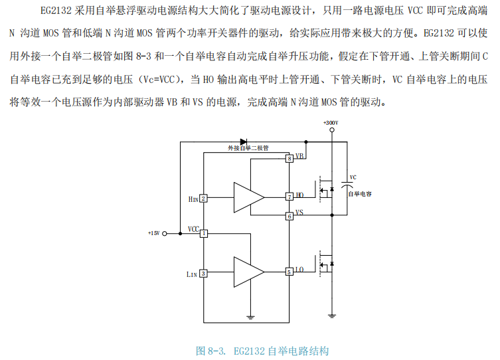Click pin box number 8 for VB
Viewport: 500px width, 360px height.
[290, 159]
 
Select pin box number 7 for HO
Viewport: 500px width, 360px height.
[290, 197]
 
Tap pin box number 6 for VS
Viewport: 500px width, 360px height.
[290, 216]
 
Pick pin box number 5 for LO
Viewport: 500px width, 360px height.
[290, 272]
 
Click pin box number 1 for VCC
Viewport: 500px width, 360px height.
[204, 233]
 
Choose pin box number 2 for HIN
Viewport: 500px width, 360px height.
[204, 198]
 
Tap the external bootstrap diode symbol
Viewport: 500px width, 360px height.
[244, 141]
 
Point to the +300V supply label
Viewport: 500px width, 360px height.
[330, 124]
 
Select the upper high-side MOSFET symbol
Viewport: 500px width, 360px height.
[325, 191]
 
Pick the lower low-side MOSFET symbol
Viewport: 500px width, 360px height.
[325, 264]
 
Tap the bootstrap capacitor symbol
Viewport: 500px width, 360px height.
[347, 184]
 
